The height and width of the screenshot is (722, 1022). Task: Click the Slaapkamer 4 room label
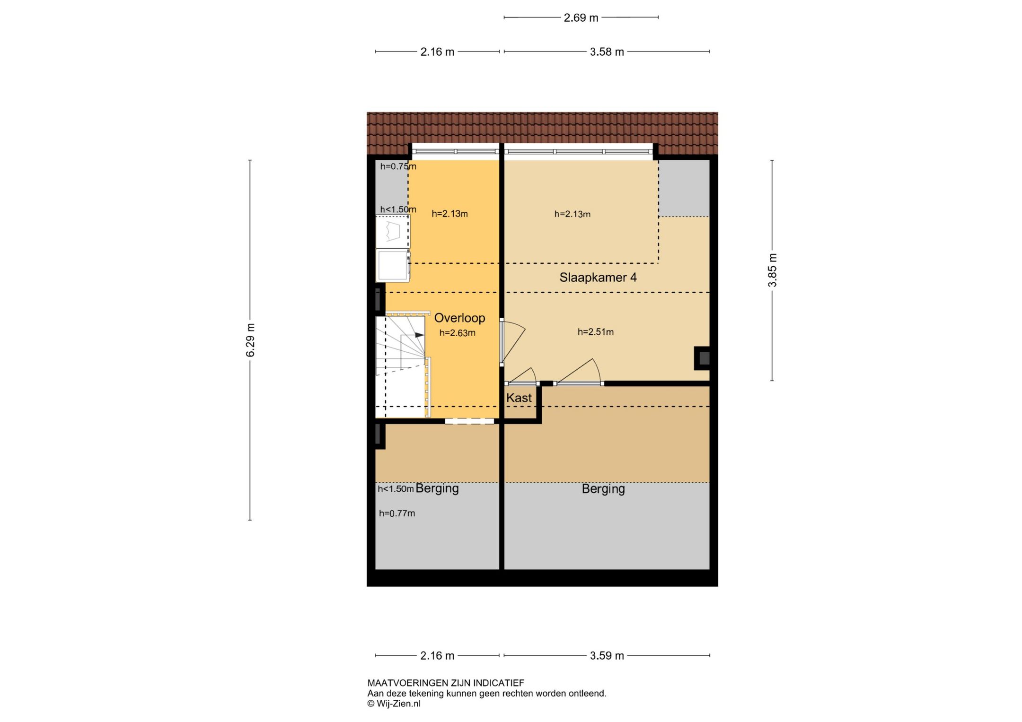tap(598, 278)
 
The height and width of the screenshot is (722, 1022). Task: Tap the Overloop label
tap(459, 318)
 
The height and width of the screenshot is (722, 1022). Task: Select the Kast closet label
tap(519, 398)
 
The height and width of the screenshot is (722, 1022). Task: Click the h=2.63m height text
tap(457, 333)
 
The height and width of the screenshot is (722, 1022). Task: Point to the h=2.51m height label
tap(595, 332)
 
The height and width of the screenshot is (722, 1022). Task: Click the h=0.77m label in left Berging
tap(396, 513)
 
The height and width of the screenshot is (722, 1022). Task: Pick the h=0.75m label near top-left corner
tap(398, 166)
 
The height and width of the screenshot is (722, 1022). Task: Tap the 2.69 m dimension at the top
tap(581, 18)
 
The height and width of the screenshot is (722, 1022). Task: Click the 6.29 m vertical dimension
tap(250, 340)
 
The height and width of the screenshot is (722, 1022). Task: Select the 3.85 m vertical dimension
tap(772, 270)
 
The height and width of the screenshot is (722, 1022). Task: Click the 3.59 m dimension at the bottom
tap(607, 656)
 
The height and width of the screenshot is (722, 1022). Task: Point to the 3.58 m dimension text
tap(607, 52)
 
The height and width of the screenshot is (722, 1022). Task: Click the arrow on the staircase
tap(419, 335)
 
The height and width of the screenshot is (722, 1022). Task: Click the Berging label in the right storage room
tap(603, 488)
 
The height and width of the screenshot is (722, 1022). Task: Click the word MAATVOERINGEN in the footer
tap(407, 683)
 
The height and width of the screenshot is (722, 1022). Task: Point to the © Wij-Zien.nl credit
tap(394, 704)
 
